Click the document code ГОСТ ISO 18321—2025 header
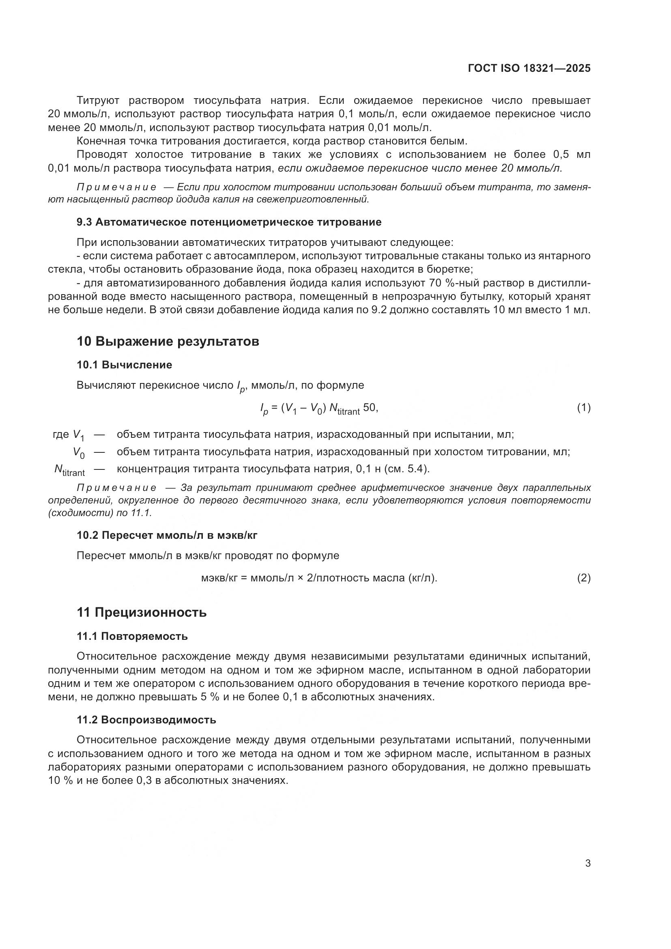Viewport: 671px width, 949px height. coord(529,68)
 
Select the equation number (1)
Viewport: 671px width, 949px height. coord(583,408)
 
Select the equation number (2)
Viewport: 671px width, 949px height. coord(583,578)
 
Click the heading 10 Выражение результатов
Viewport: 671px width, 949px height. coord(168,341)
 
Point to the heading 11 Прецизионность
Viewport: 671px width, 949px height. coord(142,612)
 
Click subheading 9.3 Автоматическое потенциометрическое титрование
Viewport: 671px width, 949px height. coord(229,222)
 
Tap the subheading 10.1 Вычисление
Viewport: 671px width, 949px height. coord(125,365)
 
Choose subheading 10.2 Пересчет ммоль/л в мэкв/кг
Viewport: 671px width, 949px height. coord(167,535)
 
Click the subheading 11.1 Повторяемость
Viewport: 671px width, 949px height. coord(132,636)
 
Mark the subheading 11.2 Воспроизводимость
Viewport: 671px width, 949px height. coord(146,720)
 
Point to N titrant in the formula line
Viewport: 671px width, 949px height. coord(344,409)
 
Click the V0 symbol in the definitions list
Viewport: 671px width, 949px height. coord(79,453)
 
